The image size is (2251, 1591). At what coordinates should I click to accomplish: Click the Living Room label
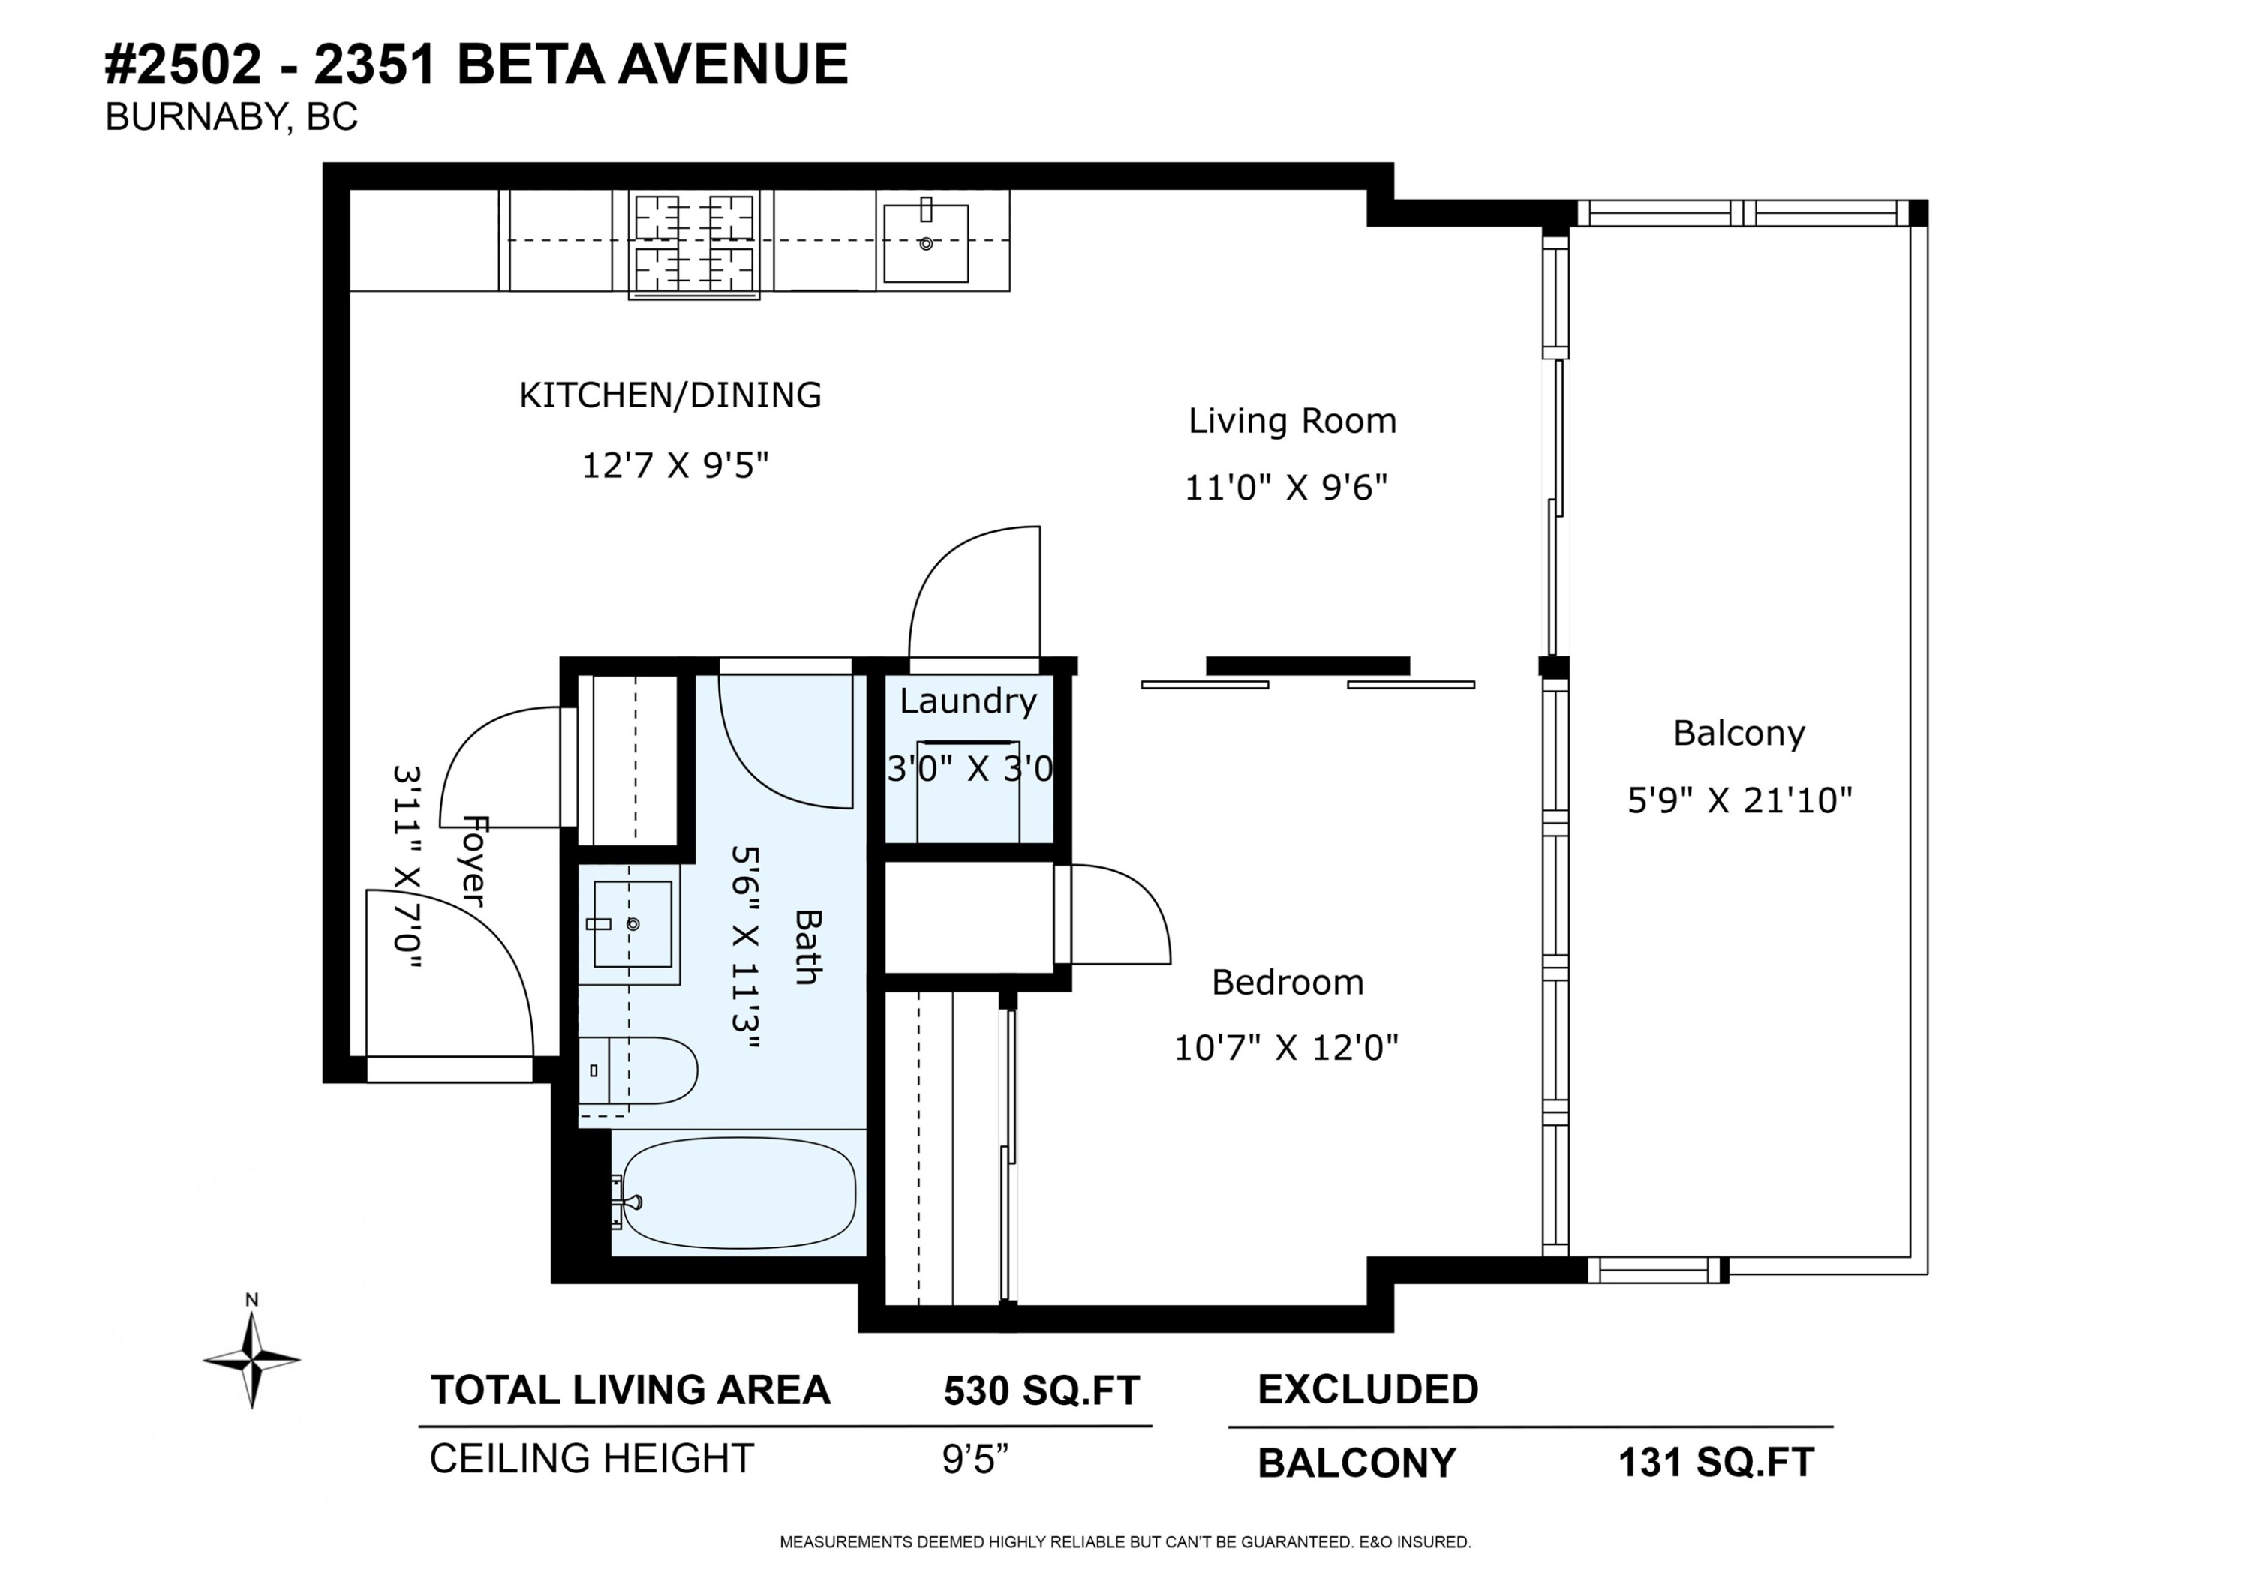(1292, 421)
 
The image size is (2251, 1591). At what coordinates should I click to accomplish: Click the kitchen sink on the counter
(925, 242)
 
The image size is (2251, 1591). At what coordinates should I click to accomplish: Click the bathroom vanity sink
(633, 923)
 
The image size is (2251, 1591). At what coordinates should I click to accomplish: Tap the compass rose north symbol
(252, 1358)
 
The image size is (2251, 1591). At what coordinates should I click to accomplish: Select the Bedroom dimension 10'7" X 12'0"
(1286, 1049)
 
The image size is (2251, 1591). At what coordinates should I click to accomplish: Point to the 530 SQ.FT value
(1041, 1390)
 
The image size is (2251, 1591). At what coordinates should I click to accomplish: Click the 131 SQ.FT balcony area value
(1716, 1463)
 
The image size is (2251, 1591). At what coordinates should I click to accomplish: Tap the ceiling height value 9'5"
(975, 1459)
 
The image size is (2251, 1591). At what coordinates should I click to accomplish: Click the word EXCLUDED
(1368, 1389)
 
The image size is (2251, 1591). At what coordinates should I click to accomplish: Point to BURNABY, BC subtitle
(231, 117)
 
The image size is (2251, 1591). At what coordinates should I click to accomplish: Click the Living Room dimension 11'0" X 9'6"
(1286, 487)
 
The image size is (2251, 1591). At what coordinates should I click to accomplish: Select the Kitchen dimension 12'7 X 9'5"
(675, 464)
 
